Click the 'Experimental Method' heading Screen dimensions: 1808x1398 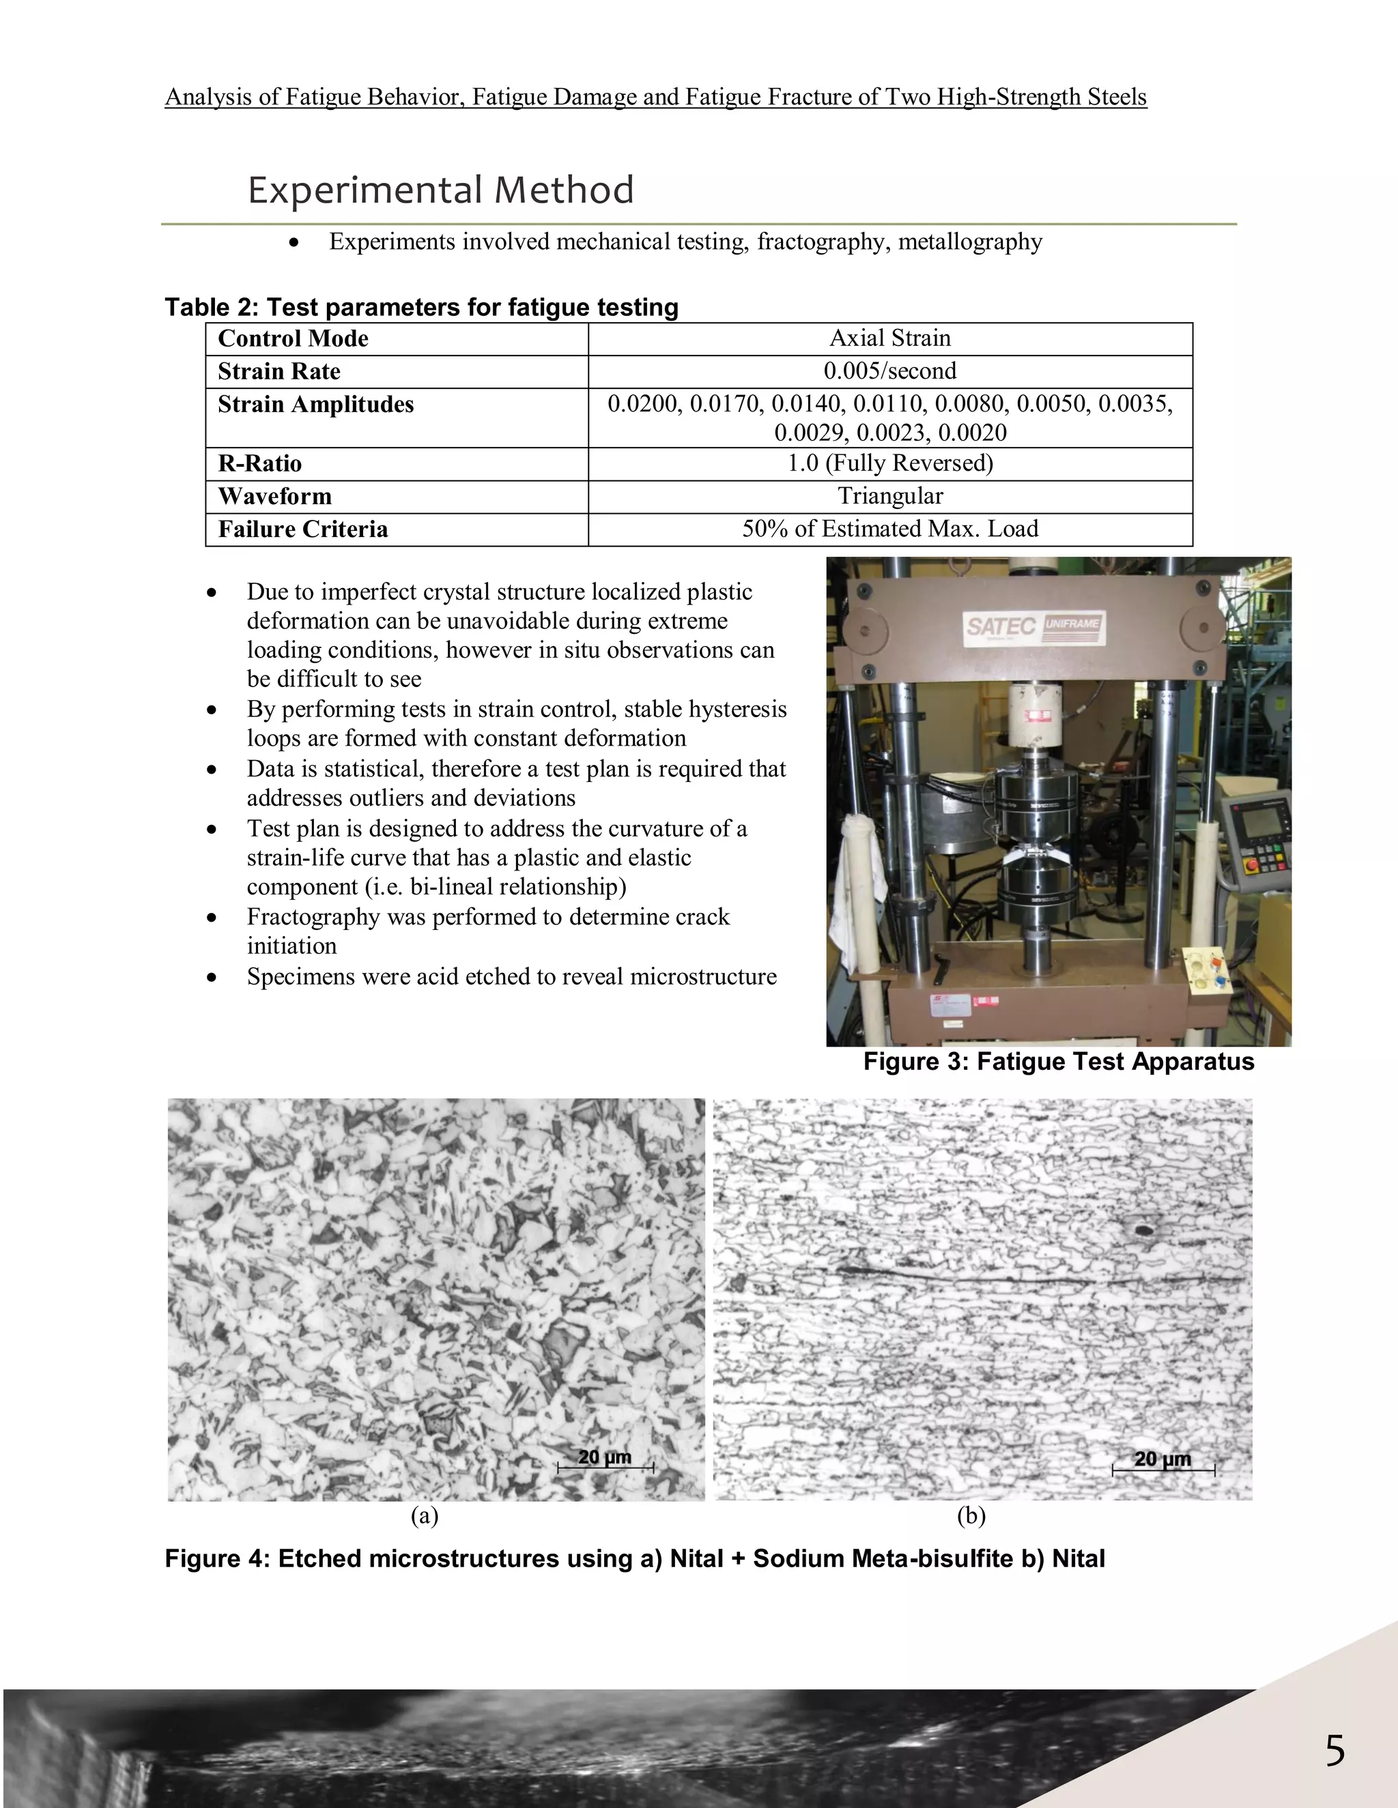[x=440, y=190]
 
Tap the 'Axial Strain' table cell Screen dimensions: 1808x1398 [x=889, y=338]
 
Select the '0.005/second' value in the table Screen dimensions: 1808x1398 [x=889, y=371]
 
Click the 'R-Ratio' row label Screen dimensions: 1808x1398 [x=259, y=463]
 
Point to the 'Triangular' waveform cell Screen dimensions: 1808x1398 [x=889, y=496]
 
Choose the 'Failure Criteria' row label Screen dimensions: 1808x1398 [x=302, y=529]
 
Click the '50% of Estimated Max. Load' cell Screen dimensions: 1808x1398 [x=889, y=529]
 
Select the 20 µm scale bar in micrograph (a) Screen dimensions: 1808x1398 [x=605, y=1459]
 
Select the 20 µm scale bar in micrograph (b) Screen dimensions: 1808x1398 [x=1162, y=1462]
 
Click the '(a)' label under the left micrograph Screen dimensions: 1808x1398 [x=424, y=1516]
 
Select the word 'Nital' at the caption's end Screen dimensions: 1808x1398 [x=1079, y=1559]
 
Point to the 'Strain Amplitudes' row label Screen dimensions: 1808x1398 [x=315, y=405]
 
